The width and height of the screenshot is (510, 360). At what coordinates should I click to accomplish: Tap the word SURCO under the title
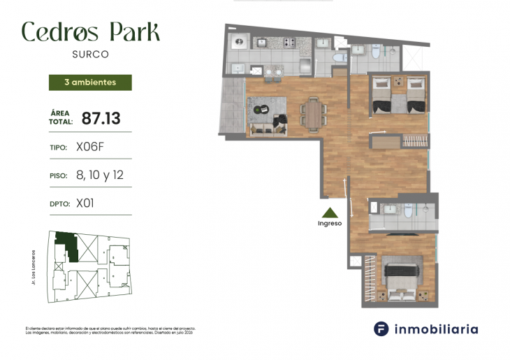pos(90,53)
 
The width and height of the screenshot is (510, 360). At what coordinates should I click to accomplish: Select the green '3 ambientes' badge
pos(89,82)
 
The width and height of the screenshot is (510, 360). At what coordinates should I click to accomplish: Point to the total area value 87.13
pos(101,118)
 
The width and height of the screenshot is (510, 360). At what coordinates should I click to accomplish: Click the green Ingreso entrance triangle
pos(330,213)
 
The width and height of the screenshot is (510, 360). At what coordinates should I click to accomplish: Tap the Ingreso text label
pos(330,224)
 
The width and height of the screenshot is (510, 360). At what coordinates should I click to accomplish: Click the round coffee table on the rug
pos(261,108)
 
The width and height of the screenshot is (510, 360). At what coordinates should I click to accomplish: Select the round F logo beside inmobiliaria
pos(381,329)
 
